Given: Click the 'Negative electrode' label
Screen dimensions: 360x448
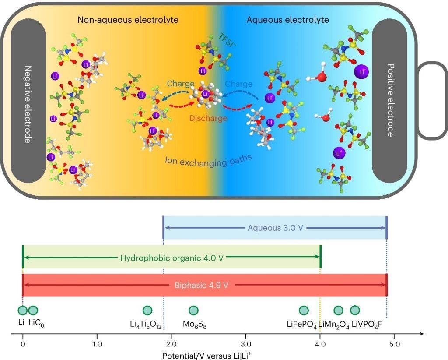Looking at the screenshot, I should click(27, 104).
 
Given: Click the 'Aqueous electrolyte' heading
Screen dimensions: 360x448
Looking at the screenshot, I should click(287, 20).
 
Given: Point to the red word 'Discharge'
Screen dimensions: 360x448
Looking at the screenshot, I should click(208, 118).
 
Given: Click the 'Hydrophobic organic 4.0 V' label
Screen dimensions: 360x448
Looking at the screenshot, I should click(171, 258).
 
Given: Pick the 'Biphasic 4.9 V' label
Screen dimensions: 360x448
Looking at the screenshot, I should click(205, 285).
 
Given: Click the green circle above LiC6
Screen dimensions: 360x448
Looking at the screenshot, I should click(33, 311).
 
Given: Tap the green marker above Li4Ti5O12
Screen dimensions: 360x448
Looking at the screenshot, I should click(147, 311).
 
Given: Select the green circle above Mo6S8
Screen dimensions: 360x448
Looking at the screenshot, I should click(193, 311).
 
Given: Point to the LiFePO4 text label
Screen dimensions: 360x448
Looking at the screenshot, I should click(301, 325).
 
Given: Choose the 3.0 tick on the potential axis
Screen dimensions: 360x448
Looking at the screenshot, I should click(246, 344).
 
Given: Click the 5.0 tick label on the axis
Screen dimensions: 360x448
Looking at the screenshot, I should click(395, 344).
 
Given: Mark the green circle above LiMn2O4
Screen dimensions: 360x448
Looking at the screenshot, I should click(338, 311).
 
